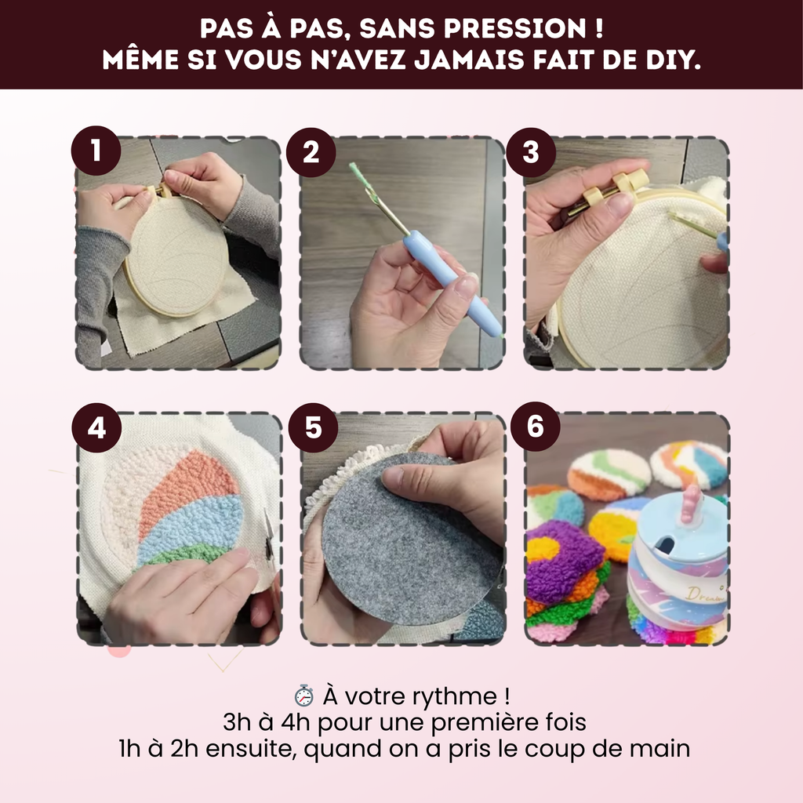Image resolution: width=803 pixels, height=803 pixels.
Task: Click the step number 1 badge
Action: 96,151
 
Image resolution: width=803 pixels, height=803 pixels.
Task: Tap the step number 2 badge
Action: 311,151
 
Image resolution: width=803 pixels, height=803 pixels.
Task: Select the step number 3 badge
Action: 531,151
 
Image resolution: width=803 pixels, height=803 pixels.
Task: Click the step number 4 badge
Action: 96,428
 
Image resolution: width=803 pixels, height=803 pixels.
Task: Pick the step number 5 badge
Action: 313,428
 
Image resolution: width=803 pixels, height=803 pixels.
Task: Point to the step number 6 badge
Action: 535,428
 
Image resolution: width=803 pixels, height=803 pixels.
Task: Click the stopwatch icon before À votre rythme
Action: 303,696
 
